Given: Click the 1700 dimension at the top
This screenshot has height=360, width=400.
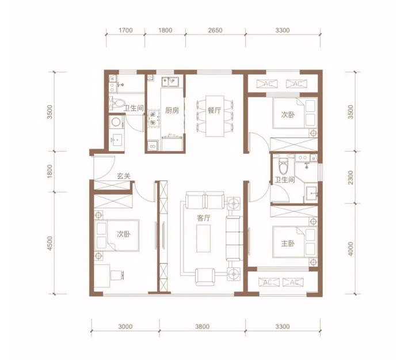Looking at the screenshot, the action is pyautogui.click(x=125, y=30).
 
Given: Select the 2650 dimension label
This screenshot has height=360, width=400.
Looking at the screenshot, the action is pyautogui.click(x=215, y=30).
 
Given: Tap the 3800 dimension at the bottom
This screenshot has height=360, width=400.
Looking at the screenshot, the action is pyautogui.click(x=202, y=327).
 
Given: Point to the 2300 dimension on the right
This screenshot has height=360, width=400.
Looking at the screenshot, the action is pyautogui.click(x=351, y=177).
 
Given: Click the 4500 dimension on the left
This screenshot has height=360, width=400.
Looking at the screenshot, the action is pyautogui.click(x=49, y=243).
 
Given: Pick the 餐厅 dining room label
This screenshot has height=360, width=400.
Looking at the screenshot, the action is pyautogui.click(x=214, y=111).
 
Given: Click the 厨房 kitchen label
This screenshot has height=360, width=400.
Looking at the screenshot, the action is pyautogui.click(x=172, y=111).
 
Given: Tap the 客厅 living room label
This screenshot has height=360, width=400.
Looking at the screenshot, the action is pyautogui.click(x=204, y=218).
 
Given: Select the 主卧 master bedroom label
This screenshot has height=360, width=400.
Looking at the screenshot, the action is pyautogui.click(x=288, y=244).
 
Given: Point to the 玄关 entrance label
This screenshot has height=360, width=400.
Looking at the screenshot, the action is pyautogui.click(x=124, y=176).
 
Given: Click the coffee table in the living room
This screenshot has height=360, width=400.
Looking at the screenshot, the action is pyautogui.click(x=203, y=238).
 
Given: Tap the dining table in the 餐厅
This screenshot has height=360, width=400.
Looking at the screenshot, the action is pyautogui.click(x=215, y=116).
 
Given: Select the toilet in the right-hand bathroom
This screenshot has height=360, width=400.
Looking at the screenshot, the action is pyautogui.click(x=283, y=165).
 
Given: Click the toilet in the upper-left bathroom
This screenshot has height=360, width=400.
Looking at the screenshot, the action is pyautogui.click(x=118, y=104).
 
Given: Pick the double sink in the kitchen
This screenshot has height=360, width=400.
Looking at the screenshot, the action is pyautogui.click(x=170, y=81).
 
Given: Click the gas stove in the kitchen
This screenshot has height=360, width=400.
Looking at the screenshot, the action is pyautogui.click(x=153, y=119).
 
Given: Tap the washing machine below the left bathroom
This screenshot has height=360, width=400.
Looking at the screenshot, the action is pyautogui.click(x=116, y=122).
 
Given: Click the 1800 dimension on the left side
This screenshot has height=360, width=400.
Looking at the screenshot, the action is pyautogui.click(x=49, y=171).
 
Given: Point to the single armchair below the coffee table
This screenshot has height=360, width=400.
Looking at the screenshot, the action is pyautogui.click(x=205, y=276).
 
